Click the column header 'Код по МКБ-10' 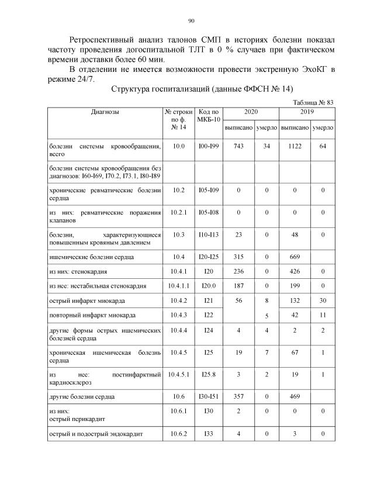pyautogui.click(x=208, y=115)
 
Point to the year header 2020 pyautogui.click(x=252, y=111)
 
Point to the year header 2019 pyautogui.click(x=307, y=111)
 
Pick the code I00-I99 pyautogui.click(x=208, y=146)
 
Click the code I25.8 pyautogui.click(x=208, y=374)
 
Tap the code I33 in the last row pyautogui.click(x=208, y=433)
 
